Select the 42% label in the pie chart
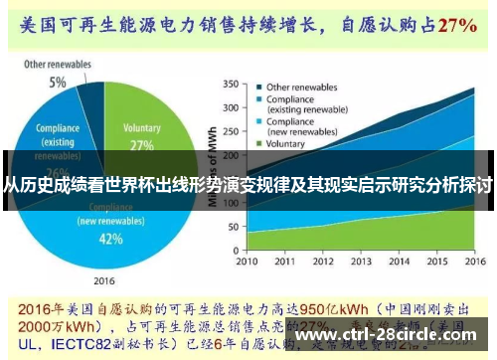(x=110, y=239)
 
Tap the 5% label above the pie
(x=59, y=82)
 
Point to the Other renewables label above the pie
(x=58, y=65)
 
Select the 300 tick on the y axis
(x=230, y=107)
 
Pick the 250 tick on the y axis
(x=230, y=131)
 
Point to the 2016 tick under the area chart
(x=467, y=262)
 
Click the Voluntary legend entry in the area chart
(x=292, y=144)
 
